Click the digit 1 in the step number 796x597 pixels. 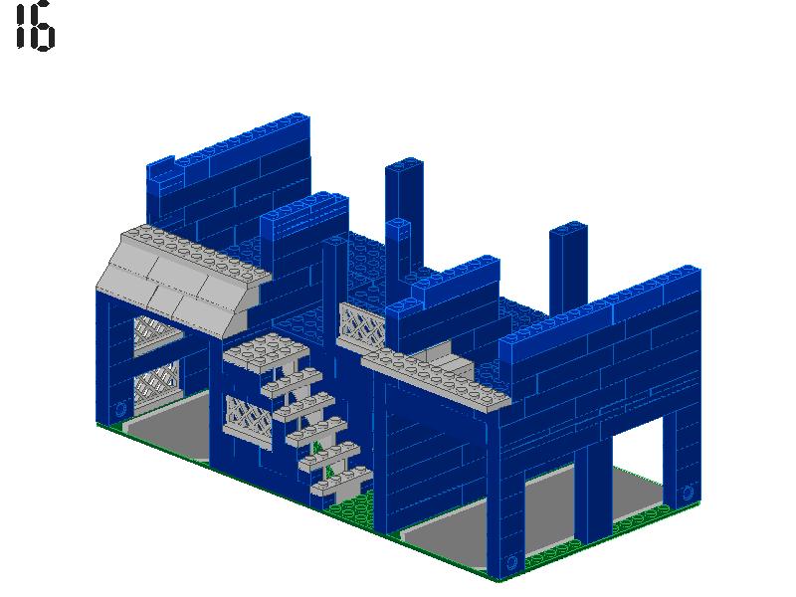point(20,27)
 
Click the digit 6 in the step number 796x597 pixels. point(43,27)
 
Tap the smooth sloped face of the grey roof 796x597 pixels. point(179,293)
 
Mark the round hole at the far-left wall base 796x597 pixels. point(121,408)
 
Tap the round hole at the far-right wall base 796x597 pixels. point(687,492)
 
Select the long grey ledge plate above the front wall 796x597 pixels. point(438,378)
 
